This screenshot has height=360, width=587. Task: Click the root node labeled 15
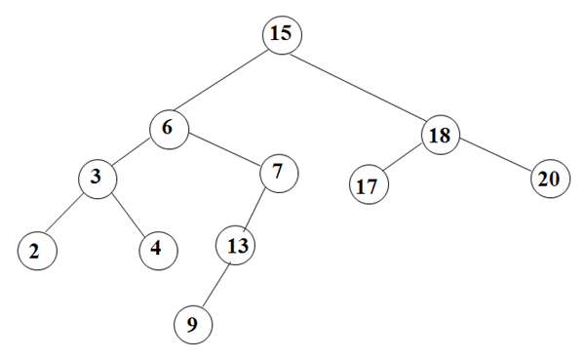[282, 34]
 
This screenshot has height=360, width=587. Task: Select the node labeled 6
[169, 129]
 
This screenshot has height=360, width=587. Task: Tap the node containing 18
[440, 135]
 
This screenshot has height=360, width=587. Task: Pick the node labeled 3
[98, 179]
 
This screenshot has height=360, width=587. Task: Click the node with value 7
[278, 174]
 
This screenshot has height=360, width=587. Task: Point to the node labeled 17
[368, 185]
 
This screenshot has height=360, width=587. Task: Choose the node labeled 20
[549, 180]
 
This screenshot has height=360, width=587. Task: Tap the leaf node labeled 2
[35, 251]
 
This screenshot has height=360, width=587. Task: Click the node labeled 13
[235, 244]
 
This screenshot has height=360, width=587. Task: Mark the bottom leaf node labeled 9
[192, 325]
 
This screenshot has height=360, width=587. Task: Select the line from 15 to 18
[361, 85]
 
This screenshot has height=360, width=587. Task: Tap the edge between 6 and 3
[133, 154]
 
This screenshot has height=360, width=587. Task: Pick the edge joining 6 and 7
[223, 151]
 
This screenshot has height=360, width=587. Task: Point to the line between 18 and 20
[494, 158]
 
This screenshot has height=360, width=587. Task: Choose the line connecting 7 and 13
[256, 209]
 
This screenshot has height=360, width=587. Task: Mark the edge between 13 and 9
[214, 285]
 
